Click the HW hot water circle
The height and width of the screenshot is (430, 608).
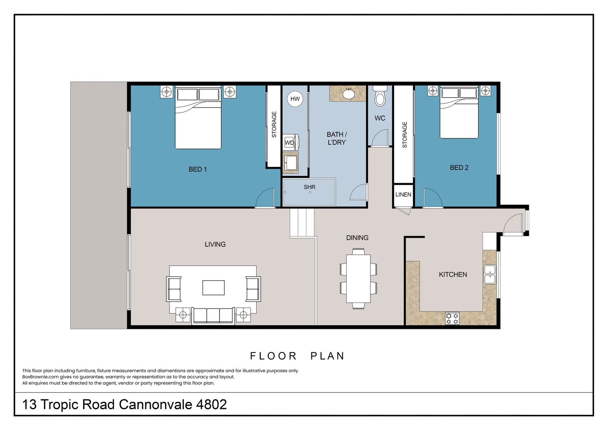coord(295,99)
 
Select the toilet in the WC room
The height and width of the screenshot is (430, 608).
coord(380,98)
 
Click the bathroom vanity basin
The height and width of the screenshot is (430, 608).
coord(349,94)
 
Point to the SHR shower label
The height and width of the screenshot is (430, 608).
coord(310,187)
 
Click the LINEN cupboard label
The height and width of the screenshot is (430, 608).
coord(403,195)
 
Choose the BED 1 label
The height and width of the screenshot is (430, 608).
coord(198,170)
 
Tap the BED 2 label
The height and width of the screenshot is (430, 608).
coord(459,168)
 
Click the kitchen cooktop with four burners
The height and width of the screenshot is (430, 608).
coord(452,319)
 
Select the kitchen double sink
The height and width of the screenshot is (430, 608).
coord(490,274)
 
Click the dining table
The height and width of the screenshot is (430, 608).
coord(358,279)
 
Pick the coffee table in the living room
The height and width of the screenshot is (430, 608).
coord(213,287)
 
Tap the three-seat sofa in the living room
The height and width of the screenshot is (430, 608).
coord(213,315)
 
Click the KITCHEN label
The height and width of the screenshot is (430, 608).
coord(453,275)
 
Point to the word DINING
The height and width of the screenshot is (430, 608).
coord(357,238)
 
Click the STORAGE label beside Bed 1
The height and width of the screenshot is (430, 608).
coord(274,125)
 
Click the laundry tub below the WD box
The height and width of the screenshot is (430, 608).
coord(290,162)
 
